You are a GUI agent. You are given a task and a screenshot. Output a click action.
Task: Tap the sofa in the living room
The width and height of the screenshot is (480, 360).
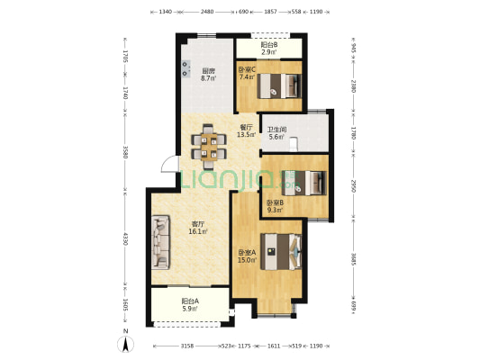click(160, 242)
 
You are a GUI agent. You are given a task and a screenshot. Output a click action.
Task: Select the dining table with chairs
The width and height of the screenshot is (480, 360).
click(209, 147)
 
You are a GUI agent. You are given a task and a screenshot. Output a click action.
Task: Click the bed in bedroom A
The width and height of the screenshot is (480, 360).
click(281, 252)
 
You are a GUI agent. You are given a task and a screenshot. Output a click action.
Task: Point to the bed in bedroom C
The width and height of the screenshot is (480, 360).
click(279, 85)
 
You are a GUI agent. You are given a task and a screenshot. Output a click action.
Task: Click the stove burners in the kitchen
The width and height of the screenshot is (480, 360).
click(186, 69)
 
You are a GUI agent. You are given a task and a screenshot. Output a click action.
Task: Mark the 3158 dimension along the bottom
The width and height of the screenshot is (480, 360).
click(186, 346)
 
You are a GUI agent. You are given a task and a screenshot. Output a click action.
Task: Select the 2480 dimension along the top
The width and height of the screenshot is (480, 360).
click(207, 12)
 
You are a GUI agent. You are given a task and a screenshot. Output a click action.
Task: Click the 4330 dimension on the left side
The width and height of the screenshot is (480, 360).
click(125, 238)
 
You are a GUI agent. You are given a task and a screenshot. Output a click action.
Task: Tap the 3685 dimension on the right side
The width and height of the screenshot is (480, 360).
click(354, 258)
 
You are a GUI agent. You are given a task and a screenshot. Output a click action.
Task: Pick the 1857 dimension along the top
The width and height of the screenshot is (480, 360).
click(270, 12)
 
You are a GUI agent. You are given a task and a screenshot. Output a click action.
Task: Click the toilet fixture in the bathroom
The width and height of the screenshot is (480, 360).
click(294, 145)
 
